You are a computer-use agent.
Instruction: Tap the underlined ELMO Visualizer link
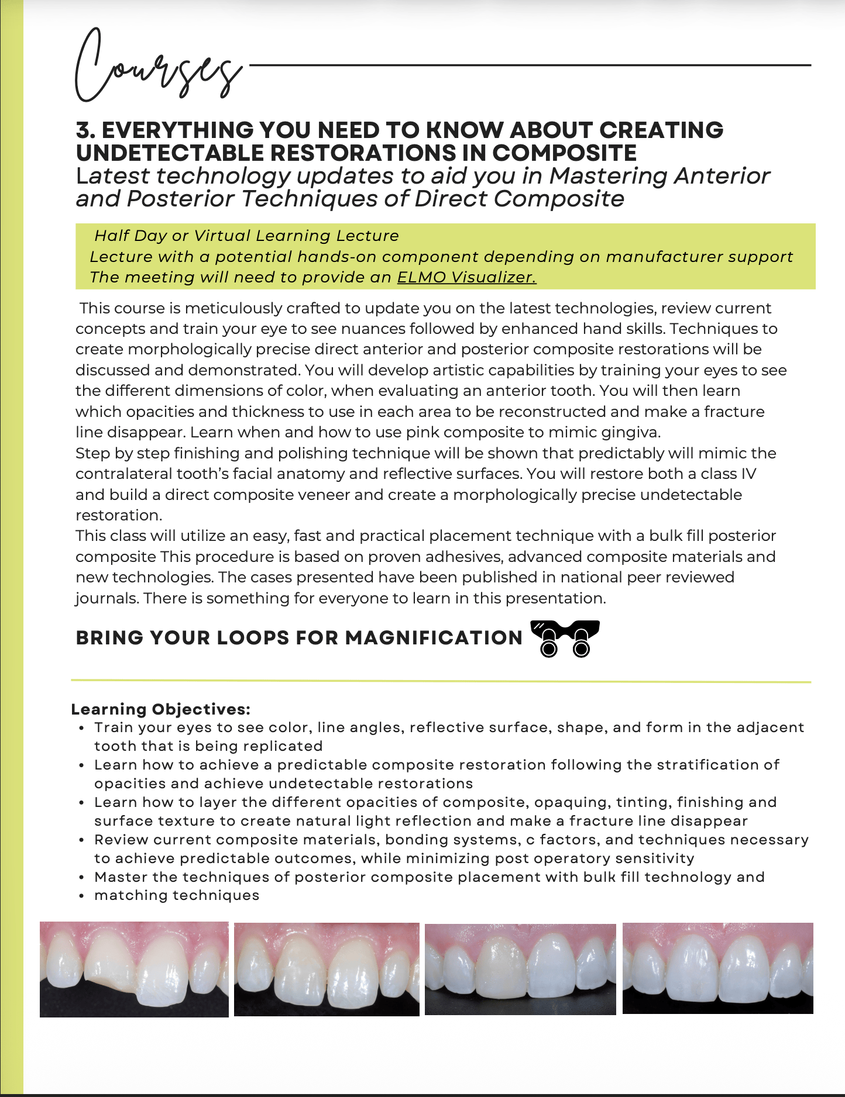point(466,277)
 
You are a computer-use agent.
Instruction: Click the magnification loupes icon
point(565,639)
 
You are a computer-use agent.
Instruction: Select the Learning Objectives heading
point(160,709)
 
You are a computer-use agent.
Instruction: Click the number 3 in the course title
point(83,130)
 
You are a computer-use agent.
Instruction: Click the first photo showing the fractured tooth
point(134,970)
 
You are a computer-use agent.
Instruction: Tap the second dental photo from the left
point(327,970)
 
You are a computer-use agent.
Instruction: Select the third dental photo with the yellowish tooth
point(520,970)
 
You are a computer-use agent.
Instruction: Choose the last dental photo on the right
point(717,968)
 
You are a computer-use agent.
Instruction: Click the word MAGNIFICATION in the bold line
point(434,638)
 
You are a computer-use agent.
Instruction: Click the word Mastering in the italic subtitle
point(609,176)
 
